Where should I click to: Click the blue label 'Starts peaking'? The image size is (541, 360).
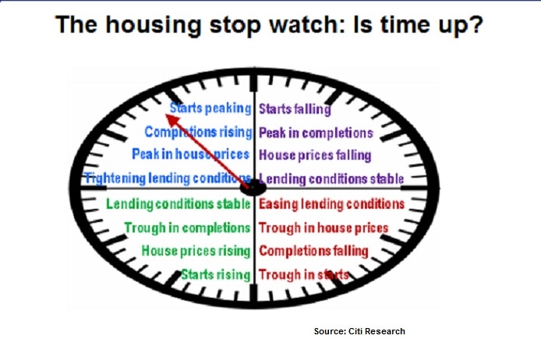click(210, 108)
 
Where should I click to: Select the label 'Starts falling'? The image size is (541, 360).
click(295, 109)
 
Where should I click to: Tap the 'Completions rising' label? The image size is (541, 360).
click(198, 132)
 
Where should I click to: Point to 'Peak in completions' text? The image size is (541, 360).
click(316, 133)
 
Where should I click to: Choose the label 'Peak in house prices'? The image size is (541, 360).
click(190, 154)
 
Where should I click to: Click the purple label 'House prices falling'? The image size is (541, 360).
click(315, 155)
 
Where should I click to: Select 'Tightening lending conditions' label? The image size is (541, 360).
click(168, 178)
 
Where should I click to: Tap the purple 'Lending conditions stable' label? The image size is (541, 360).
click(331, 179)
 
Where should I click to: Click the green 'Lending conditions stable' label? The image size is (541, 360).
click(178, 204)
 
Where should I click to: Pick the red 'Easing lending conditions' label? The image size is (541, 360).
click(331, 204)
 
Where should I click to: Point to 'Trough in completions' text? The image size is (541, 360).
click(187, 228)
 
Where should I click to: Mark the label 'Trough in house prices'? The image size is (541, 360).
click(324, 228)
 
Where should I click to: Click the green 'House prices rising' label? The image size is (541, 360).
click(196, 251)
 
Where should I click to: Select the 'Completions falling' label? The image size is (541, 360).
click(313, 251)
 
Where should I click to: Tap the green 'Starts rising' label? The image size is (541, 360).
click(216, 275)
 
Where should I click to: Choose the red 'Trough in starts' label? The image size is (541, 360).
click(303, 275)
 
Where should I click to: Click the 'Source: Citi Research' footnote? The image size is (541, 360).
click(359, 331)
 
